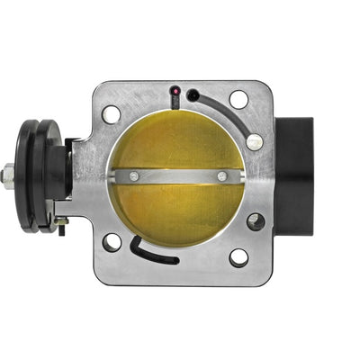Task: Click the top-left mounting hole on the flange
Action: point(111,114)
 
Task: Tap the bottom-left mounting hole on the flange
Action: point(112,242)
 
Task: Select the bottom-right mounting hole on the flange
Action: point(238,257)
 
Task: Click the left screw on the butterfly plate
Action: point(134,175)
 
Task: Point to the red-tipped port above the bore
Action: point(174,92)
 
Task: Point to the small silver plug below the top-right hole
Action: point(255,141)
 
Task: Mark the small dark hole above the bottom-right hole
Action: point(256,220)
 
